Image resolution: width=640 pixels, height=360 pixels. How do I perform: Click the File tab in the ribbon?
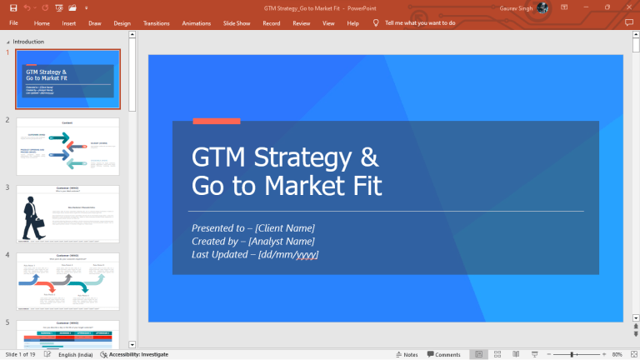coord(13,23)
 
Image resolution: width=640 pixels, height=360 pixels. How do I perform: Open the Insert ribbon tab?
coord(68,23)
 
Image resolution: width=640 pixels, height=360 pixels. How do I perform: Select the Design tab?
coord(122,23)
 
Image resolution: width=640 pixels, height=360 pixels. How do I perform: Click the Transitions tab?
coord(156,23)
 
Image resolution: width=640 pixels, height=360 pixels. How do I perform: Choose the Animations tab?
coord(196,23)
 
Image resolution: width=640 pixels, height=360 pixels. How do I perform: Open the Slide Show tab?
coord(237,23)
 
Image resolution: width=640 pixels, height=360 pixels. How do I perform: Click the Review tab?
coord(301,23)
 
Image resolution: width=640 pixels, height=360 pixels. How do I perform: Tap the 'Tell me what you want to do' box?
coord(419,23)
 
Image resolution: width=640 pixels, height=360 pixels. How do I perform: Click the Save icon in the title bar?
coord(12,7)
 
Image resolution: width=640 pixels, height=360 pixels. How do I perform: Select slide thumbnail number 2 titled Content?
coord(67,147)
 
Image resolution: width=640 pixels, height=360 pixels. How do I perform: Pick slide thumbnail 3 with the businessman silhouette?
coord(67,214)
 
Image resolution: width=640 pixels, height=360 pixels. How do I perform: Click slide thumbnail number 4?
coord(67,282)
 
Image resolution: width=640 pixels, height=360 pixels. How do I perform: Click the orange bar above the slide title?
coord(216,122)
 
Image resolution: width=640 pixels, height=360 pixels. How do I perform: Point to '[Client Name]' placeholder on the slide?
coord(285,227)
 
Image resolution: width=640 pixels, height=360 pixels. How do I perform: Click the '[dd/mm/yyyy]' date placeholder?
coord(288,254)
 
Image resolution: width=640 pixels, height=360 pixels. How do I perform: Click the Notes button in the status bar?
coord(407,354)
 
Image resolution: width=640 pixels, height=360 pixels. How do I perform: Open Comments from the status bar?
coord(443,354)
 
